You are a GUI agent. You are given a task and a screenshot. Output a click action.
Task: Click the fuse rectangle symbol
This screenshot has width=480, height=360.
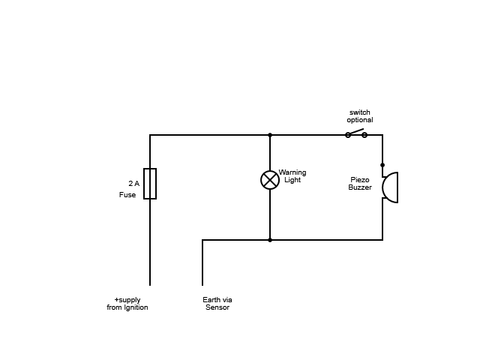(x=150, y=184)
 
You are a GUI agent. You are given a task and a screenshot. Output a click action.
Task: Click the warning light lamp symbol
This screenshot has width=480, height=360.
(x=270, y=180)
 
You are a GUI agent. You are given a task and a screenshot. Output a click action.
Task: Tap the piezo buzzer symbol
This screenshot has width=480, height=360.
(x=389, y=187)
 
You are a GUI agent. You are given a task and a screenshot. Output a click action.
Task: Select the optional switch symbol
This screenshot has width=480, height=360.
(x=356, y=133)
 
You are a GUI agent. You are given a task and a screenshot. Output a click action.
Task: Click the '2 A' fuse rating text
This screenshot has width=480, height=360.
(x=133, y=183)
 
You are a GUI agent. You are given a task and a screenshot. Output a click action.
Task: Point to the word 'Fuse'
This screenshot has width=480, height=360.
(x=127, y=195)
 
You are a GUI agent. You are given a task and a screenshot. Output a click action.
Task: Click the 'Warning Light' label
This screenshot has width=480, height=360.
(x=292, y=176)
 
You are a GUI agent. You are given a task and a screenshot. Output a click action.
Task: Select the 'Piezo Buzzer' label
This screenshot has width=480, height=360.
(x=360, y=184)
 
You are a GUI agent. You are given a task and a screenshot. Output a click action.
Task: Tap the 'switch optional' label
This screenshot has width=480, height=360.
(x=360, y=116)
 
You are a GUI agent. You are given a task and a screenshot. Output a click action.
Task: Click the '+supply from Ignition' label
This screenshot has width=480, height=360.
(x=127, y=304)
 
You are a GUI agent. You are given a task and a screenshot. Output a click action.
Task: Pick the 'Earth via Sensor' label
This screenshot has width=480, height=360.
(x=217, y=304)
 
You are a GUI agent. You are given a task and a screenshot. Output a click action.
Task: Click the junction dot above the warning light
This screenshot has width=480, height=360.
(x=270, y=135)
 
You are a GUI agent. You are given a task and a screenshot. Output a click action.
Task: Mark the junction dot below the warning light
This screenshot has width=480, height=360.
(x=270, y=240)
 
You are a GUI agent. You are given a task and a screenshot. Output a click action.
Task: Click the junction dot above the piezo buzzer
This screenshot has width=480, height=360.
(x=382, y=165)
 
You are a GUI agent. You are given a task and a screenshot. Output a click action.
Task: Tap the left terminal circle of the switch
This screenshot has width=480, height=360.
(x=348, y=135)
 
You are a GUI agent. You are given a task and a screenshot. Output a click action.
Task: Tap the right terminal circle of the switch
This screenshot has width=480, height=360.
(x=364, y=135)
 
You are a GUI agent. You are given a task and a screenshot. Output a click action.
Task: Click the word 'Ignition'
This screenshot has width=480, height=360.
(x=136, y=307)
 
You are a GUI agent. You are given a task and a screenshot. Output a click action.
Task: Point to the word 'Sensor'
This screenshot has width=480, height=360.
(x=217, y=307)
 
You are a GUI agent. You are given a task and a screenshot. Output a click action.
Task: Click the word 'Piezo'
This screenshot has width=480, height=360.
(x=360, y=180)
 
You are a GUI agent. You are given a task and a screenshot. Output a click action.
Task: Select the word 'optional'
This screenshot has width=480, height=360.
(x=360, y=120)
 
